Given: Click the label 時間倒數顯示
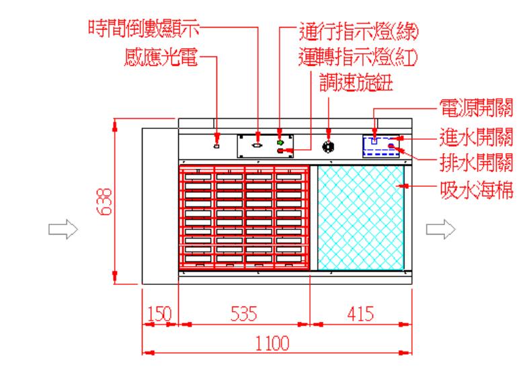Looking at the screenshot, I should [x=146, y=28].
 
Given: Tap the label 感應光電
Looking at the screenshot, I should [x=161, y=57].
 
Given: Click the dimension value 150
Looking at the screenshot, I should [x=159, y=314].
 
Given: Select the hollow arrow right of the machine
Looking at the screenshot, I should [x=440, y=230].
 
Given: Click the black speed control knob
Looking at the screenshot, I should [x=329, y=145].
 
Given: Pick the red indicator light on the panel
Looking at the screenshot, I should [x=280, y=151].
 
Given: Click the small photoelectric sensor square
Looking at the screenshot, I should [x=216, y=144].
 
